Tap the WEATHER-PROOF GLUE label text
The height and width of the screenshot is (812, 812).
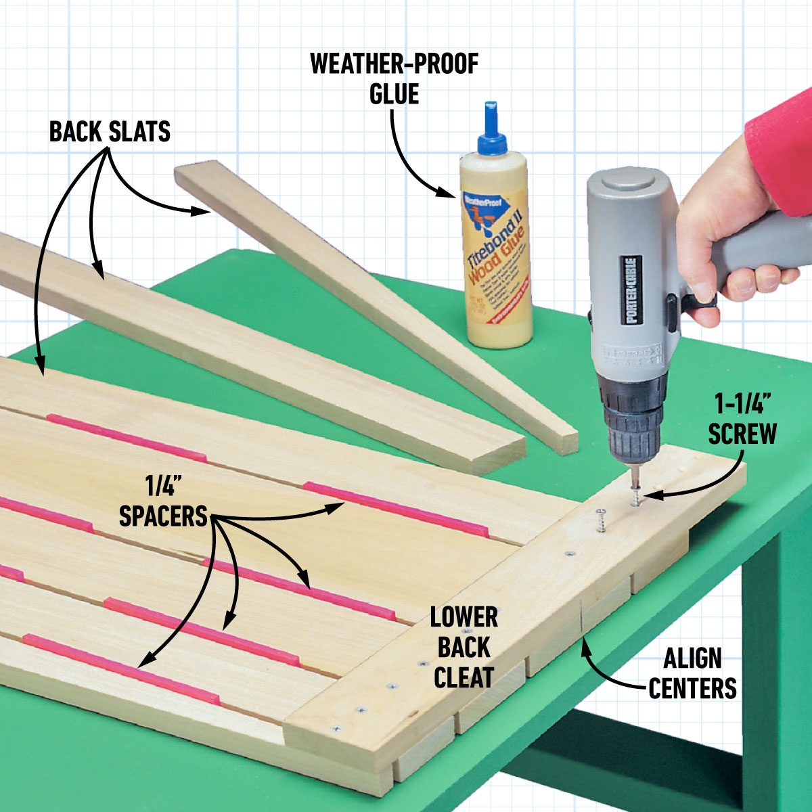click(394, 78)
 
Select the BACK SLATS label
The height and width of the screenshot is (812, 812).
click(110, 131)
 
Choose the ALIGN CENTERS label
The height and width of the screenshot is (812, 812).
click(692, 673)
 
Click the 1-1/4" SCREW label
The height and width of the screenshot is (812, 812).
click(743, 420)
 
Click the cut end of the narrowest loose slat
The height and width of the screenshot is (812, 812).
click(563, 441)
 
